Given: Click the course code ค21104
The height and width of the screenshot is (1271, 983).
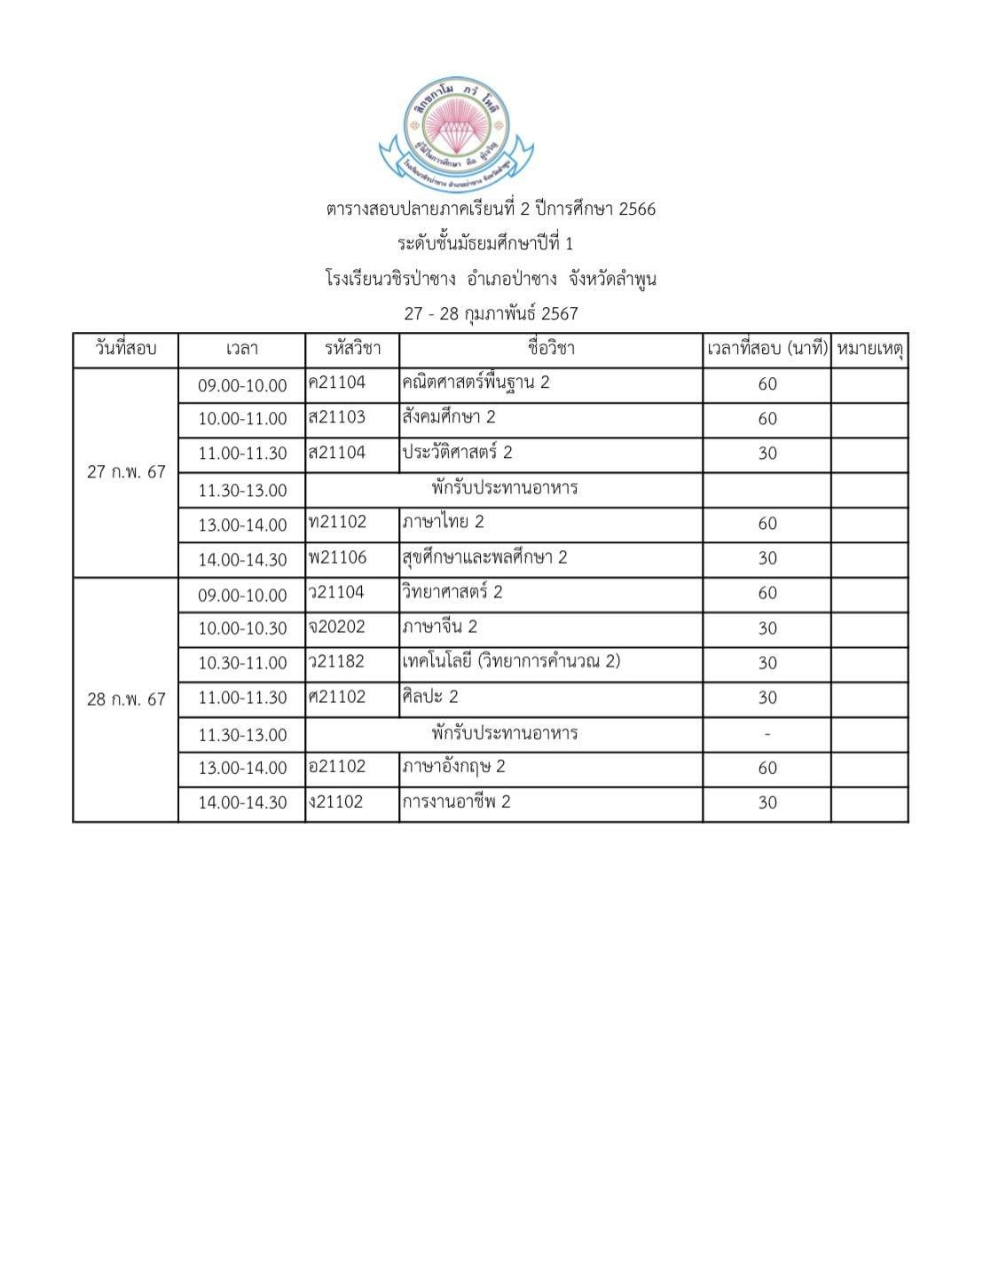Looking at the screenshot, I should click(337, 383).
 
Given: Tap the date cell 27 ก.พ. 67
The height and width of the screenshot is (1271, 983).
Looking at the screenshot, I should click(126, 472).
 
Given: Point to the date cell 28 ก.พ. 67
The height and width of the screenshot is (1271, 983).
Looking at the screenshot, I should click(126, 699).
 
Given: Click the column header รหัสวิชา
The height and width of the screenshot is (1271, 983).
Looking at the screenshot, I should click(352, 349).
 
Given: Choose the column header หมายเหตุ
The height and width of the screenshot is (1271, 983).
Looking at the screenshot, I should click(869, 349).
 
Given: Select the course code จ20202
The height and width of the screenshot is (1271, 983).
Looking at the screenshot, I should click(337, 627).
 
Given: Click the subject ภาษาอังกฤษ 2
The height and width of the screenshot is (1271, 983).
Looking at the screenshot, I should click(453, 766).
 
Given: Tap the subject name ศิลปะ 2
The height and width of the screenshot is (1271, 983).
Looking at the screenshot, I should click(430, 697).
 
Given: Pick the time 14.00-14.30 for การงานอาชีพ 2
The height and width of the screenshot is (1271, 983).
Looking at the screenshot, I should click(242, 802).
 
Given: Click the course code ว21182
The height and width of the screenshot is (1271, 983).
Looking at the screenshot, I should click(337, 662).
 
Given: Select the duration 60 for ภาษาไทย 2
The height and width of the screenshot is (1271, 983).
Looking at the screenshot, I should click(767, 524).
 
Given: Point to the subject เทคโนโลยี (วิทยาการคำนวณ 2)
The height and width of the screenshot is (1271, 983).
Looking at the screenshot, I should click(511, 661).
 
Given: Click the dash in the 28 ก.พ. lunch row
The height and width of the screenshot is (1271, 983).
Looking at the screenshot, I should click(767, 734).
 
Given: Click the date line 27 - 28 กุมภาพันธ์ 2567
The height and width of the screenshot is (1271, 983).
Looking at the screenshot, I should click(491, 313).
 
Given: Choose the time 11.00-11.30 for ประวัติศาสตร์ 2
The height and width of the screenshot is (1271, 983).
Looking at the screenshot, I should click(242, 454).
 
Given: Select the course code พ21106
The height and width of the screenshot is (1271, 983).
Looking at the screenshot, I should click(337, 557).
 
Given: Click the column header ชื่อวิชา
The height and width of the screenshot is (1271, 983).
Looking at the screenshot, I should click(551, 349).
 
